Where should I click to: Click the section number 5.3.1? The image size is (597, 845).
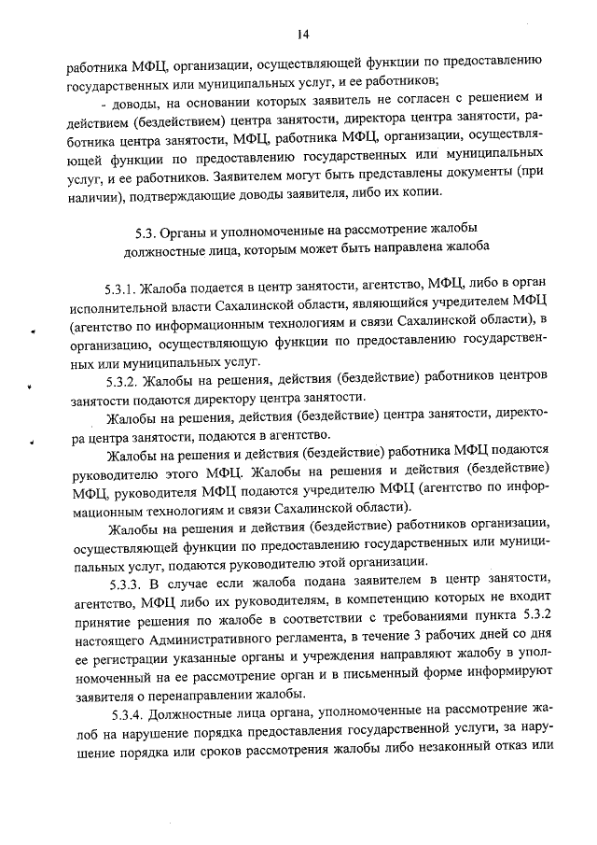(122, 285)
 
